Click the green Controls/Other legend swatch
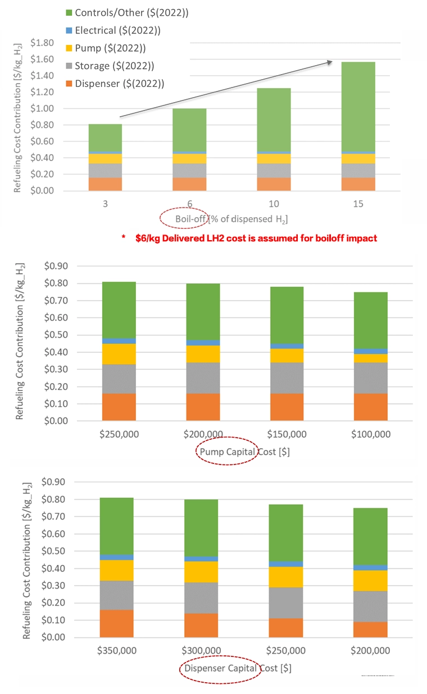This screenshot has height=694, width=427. [70, 12]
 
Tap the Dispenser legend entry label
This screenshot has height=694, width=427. [120, 84]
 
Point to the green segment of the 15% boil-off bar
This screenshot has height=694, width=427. [358, 106]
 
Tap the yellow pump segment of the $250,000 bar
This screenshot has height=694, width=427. [119, 354]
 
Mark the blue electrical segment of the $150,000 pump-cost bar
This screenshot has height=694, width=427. [287, 346]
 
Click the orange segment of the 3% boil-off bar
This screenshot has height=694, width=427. [105, 184]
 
